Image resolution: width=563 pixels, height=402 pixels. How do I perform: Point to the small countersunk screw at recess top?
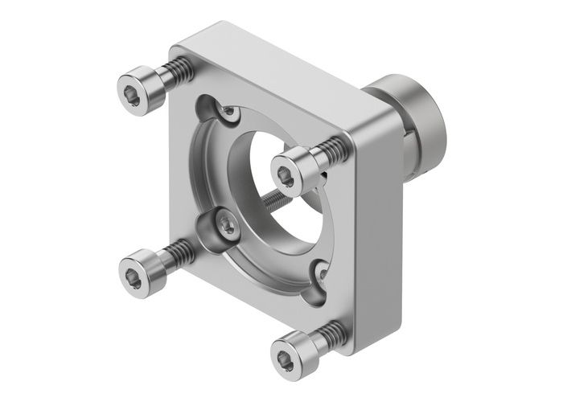[x=230, y=116]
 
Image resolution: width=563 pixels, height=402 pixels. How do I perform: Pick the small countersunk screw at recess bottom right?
[x=323, y=272]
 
